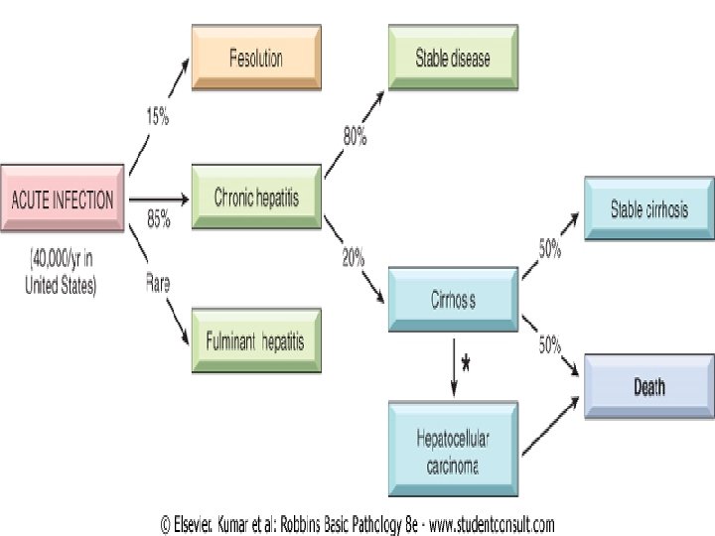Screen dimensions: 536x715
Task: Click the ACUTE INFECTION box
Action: pos(62,199)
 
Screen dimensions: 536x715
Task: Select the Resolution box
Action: pos(255,58)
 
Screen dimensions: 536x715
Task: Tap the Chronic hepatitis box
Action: pos(255,198)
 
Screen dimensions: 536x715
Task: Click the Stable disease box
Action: pos(453,58)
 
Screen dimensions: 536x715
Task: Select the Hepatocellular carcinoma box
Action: pos(453,445)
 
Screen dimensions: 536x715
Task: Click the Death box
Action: pos(649,387)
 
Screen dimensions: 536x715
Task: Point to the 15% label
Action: pos(158,117)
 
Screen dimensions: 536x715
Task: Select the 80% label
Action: pos(356,138)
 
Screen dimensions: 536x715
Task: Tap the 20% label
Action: pos(353,258)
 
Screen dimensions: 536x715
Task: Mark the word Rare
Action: pos(158,283)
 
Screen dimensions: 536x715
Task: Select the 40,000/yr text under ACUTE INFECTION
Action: pos(61,262)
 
